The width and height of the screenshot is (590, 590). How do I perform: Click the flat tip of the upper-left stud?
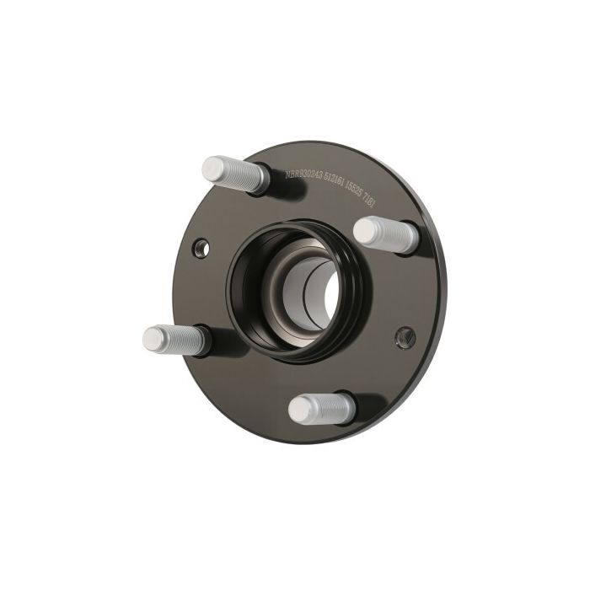pyautogui.click(x=213, y=165)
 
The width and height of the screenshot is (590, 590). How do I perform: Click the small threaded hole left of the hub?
pyautogui.click(x=201, y=247)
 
